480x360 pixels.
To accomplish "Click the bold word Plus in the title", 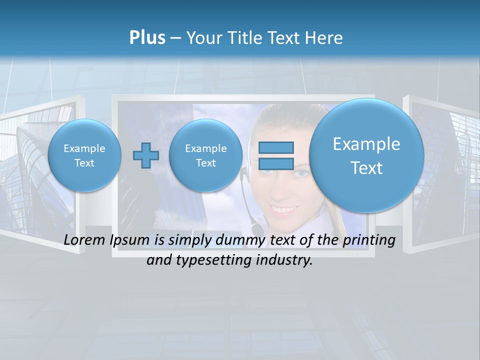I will click(x=147, y=38).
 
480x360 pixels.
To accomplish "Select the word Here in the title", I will click(x=324, y=38).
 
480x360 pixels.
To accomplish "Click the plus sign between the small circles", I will click(x=146, y=155).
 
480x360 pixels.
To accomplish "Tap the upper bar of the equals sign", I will click(x=276, y=148).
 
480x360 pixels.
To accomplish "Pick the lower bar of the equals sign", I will click(x=276, y=163).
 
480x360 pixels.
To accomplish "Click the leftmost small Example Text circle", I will click(x=84, y=155).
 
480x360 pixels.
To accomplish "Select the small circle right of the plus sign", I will click(x=206, y=155).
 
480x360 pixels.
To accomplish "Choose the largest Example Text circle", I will click(x=366, y=155).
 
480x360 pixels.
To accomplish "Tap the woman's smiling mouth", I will click(x=281, y=205).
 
